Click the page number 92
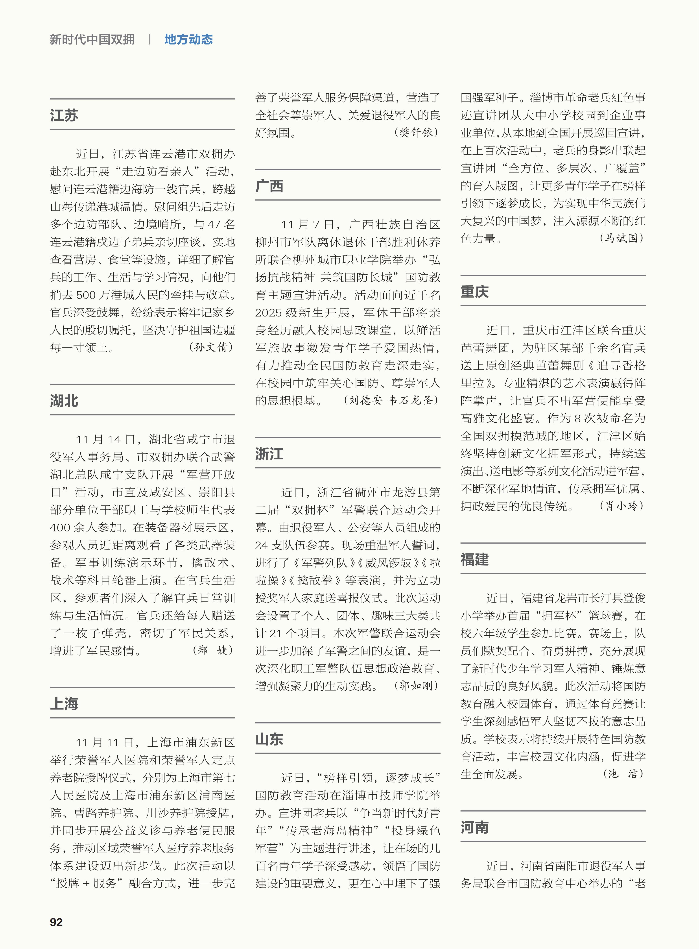[56, 922]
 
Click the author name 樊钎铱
[416, 133]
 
